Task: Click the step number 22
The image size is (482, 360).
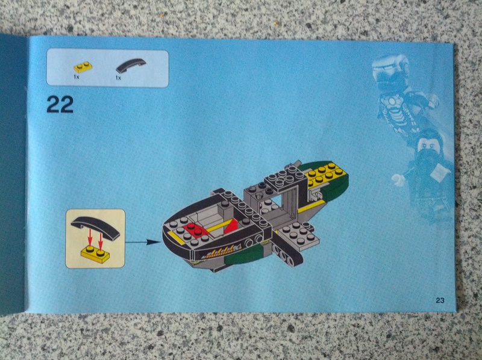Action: point(60,104)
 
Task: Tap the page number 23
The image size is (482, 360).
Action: point(440,300)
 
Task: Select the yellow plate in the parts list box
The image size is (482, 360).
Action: point(83,67)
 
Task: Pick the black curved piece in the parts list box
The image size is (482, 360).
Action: point(131,66)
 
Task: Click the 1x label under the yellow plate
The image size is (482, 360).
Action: point(77,77)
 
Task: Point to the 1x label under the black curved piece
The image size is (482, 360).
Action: point(118,78)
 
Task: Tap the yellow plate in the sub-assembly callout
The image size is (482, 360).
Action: point(96,255)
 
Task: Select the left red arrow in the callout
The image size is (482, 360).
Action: point(90,238)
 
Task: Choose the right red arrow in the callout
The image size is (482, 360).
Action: point(100,240)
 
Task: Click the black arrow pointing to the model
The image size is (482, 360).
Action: point(143,242)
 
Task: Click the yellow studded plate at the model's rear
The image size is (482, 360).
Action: point(327,174)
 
